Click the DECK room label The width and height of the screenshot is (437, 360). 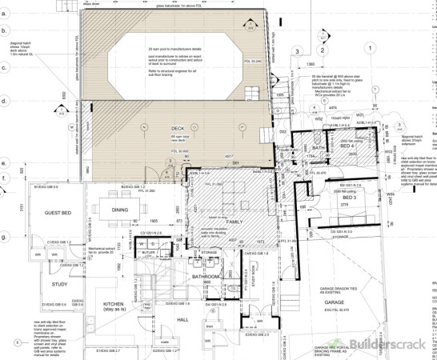tap(178, 129)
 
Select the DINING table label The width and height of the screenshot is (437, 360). tap(120, 210)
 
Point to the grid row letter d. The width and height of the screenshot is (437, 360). tap(4, 102)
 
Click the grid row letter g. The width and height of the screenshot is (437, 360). tap(4, 237)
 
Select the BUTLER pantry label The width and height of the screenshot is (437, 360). tap(148, 251)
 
